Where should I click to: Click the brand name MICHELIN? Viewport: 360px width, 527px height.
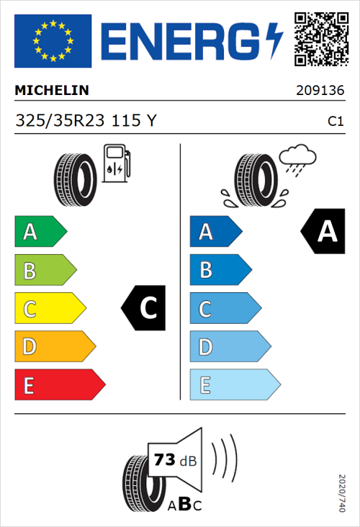point(52,91)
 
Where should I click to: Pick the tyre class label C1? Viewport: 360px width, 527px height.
point(335,122)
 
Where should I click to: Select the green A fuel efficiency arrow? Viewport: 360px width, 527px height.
point(40,232)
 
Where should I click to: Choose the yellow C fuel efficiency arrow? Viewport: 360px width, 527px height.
point(49,309)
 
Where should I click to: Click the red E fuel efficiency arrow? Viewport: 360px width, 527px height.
point(59,385)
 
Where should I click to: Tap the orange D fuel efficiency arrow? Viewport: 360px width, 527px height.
point(54,347)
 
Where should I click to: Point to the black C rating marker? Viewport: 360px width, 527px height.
point(145,309)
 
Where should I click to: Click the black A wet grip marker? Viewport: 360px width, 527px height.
point(324,232)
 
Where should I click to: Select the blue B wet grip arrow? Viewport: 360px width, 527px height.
point(219,270)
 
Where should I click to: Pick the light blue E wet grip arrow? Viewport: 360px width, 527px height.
point(233,385)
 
